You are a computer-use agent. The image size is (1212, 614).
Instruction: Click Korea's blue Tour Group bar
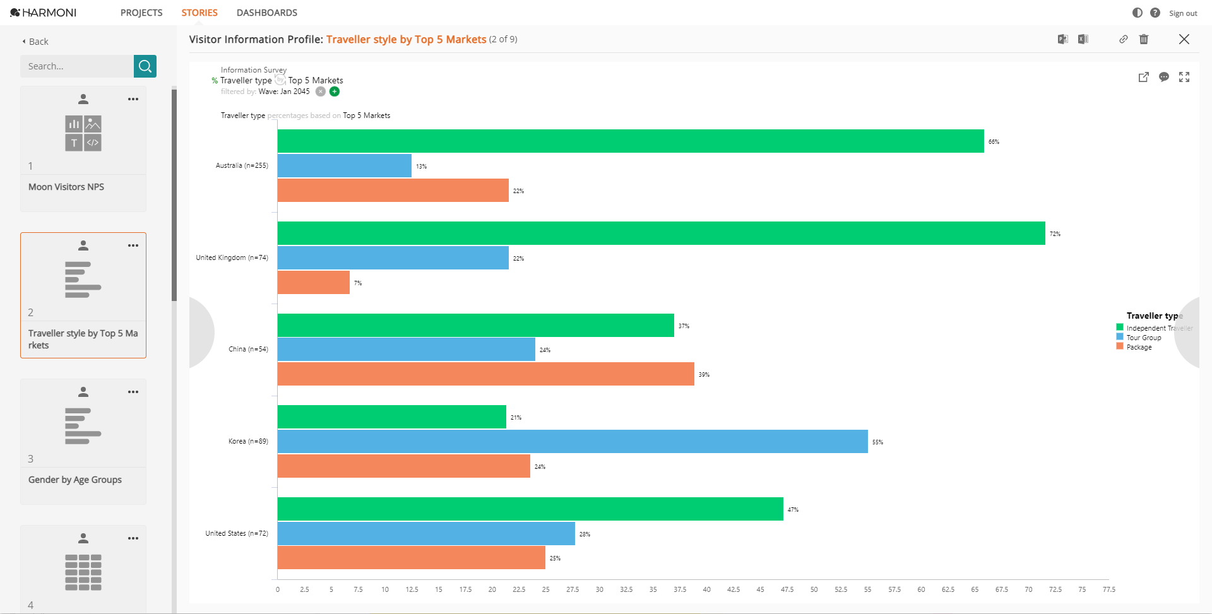[572, 441]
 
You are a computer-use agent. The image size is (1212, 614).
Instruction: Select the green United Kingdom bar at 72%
[661, 233]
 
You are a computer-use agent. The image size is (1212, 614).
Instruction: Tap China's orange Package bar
[485, 374]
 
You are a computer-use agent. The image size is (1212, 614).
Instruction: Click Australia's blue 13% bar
[344, 165]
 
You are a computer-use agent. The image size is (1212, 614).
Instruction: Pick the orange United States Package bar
[411, 558]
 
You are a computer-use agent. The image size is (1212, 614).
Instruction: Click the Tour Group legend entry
[1143, 338]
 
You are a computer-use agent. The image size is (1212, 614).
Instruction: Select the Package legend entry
[1139, 347]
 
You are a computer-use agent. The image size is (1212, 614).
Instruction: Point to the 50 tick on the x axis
[814, 589]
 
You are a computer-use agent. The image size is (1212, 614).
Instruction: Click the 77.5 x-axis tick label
[1108, 589]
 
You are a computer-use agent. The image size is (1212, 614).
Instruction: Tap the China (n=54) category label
[248, 349]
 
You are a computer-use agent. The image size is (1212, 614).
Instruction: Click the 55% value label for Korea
[877, 442]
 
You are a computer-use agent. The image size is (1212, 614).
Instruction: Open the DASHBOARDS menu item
[266, 13]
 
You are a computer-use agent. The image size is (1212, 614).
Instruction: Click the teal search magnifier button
[145, 66]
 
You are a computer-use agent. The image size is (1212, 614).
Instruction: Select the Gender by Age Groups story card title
[75, 480]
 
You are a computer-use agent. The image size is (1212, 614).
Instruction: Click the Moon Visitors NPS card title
[66, 187]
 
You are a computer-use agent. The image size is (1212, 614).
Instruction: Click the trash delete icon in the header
[1143, 39]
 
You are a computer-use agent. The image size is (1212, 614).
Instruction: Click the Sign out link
[1182, 13]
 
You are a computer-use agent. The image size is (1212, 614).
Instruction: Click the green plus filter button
[335, 92]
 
